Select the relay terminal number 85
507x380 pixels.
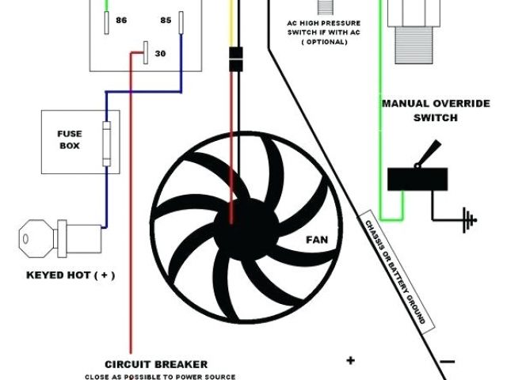pos(166,19)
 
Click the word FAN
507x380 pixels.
pos(317,237)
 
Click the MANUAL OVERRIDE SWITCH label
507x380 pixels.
pos(419,110)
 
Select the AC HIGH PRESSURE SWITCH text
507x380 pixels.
pos(323,28)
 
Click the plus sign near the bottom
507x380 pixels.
pos(350,361)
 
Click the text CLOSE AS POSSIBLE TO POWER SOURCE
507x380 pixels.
pos(161,376)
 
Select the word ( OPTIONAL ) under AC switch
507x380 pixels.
pos(323,41)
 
